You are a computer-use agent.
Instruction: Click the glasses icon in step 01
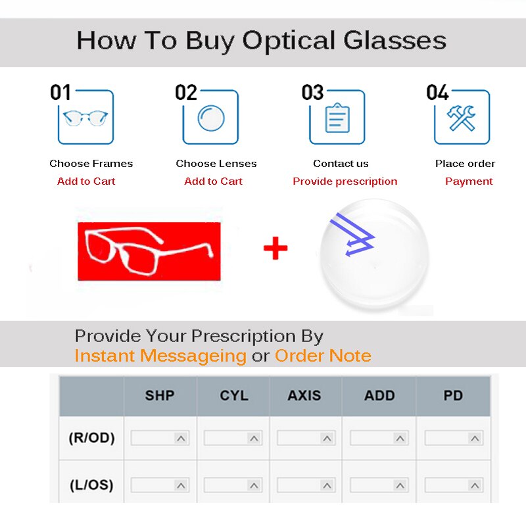pyautogui.click(x=85, y=118)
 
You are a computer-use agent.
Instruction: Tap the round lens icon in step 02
pyautogui.click(x=211, y=118)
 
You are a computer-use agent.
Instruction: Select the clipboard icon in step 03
pyautogui.click(x=337, y=118)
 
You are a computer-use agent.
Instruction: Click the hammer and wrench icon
pyautogui.click(x=462, y=118)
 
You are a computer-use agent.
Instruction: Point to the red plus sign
pyautogui.click(x=275, y=249)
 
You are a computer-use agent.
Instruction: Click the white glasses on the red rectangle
pyautogui.click(x=149, y=250)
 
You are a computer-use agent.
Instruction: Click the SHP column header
pyautogui.click(x=160, y=396)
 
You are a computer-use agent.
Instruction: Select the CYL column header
pyautogui.click(x=234, y=396)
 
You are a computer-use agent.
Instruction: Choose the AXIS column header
pyautogui.click(x=304, y=396)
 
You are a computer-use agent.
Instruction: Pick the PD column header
pyautogui.click(x=453, y=396)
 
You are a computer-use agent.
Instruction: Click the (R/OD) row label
pyautogui.click(x=91, y=438)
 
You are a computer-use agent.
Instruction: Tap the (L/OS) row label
pyautogui.click(x=91, y=485)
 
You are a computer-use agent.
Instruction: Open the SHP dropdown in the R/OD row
pyautogui.click(x=160, y=438)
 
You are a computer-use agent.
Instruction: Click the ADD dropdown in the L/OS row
pyautogui.click(x=379, y=485)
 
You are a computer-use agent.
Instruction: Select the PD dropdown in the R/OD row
pyautogui.click(x=454, y=438)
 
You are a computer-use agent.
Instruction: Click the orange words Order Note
pyautogui.click(x=323, y=356)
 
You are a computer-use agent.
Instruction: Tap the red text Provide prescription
pyautogui.click(x=345, y=181)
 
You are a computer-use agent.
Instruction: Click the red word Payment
pyautogui.click(x=469, y=181)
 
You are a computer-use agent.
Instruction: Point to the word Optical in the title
pyautogui.click(x=289, y=41)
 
